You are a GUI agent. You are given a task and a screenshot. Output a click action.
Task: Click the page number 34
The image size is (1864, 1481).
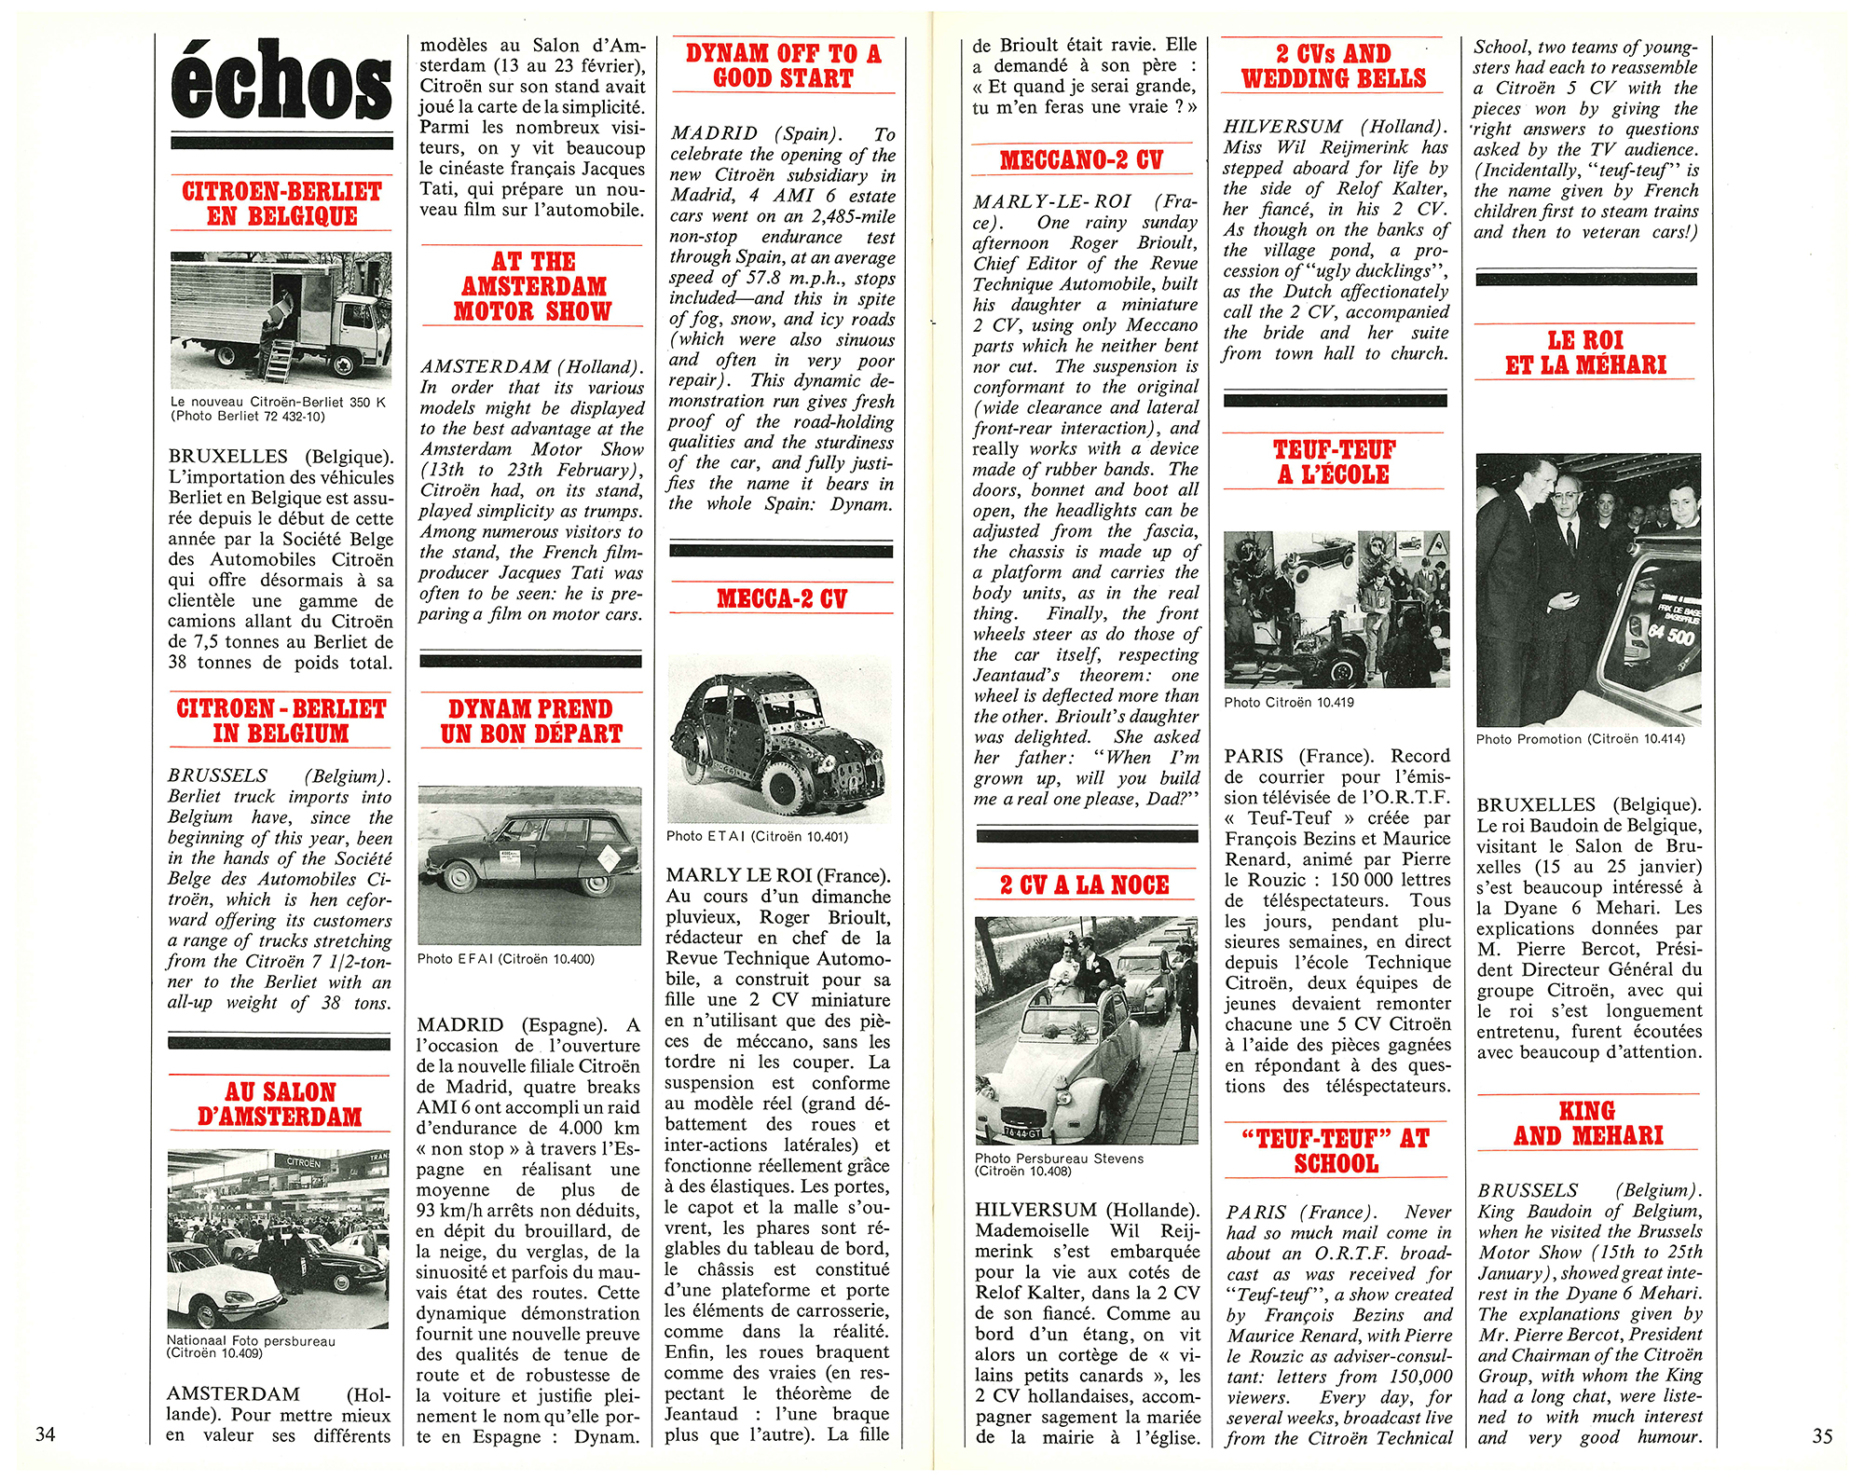[x=45, y=1433]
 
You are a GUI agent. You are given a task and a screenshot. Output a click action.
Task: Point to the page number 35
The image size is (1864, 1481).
[x=1822, y=1435]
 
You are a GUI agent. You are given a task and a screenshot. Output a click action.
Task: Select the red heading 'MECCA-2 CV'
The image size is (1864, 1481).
[x=781, y=598]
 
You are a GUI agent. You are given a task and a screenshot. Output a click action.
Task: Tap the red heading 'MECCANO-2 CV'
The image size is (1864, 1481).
[x=1081, y=160]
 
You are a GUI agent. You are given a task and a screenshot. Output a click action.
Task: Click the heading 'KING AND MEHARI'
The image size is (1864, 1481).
[x=1588, y=1123]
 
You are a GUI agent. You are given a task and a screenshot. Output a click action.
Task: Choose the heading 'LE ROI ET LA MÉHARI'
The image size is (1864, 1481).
[x=1585, y=352]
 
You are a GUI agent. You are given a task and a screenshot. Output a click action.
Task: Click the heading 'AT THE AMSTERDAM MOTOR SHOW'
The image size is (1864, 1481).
[x=532, y=286]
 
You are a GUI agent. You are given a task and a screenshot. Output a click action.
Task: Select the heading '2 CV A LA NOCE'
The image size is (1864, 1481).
[x=1084, y=884]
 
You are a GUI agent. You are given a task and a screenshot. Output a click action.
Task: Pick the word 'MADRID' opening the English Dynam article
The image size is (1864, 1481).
[x=715, y=134]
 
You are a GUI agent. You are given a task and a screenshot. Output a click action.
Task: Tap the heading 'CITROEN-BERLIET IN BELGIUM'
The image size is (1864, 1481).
[x=281, y=720]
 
